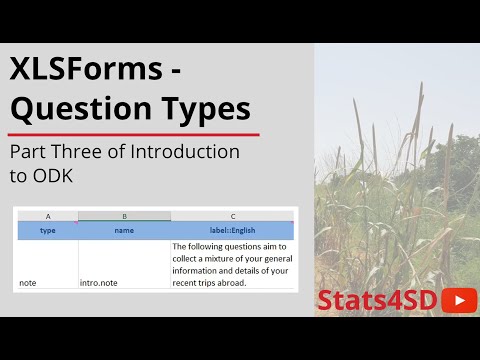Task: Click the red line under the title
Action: (x=134, y=134)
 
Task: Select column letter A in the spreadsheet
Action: (x=48, y=216)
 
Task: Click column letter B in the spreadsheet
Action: (x=124, y=216)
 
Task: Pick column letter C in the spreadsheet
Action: (x=232, y=216)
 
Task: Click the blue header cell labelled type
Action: (x=48, y=230)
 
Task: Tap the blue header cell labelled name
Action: (x=124, y=230)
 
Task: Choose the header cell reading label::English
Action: (x=232, y=230)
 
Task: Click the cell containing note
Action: (x=28, y=283)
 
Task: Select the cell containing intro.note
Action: (x=99, y=283)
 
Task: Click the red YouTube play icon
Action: (x=458, y=300)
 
